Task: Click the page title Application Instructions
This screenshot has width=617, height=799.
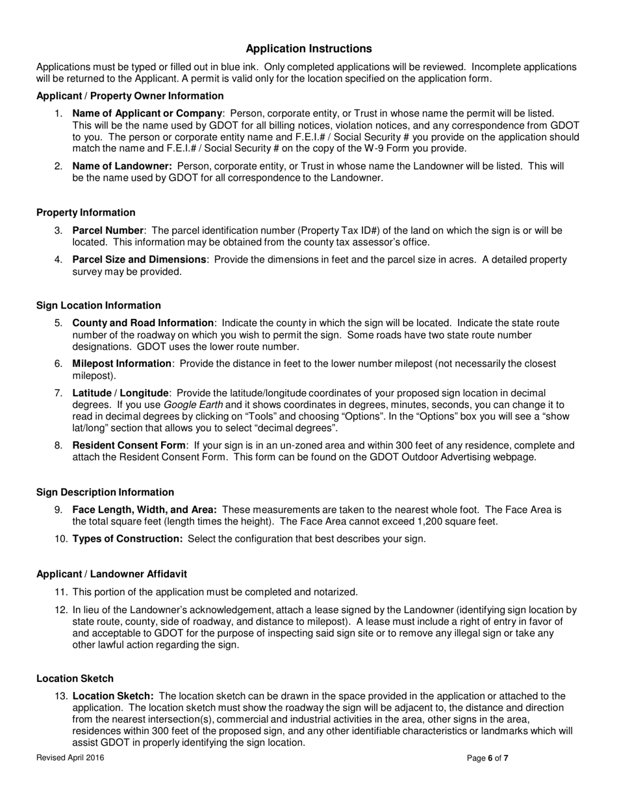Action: tap(308, 49)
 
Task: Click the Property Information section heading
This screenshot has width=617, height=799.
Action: tap(86, 212)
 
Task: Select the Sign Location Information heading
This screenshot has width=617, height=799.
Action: tap(98, 305)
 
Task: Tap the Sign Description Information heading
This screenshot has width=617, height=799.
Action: tap(105, 492)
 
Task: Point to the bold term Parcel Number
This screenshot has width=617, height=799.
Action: tap(108, 231)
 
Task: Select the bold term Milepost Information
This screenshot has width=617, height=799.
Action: tap(122, 364)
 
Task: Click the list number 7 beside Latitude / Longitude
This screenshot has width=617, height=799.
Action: tap(58, 393)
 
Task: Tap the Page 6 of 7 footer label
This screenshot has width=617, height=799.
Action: tap(488, 757)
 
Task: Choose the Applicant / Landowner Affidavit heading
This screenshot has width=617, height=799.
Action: tap(111, 574)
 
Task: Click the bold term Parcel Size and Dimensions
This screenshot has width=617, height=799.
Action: tap(139, 260)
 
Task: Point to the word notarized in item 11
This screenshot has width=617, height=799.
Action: tap(336, 592)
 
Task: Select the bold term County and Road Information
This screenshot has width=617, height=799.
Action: tap(143, 323)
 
